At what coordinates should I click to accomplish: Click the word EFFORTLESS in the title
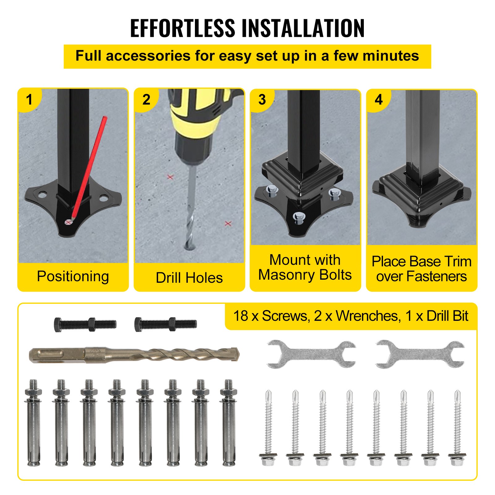coord(183,28)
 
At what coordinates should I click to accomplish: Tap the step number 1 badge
coord(29,100)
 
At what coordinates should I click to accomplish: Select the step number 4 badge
coord(379,100)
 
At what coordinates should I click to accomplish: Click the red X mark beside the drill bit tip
coord(228,223)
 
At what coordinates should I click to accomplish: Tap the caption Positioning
coord(73,276)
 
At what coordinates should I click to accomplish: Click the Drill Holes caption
coord(189,278)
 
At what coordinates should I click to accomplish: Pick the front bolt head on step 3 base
coord(299,217)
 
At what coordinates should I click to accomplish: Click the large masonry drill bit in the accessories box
coord(134,355)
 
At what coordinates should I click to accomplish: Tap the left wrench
coord(311,354)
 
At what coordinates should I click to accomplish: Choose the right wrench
coord(420,354)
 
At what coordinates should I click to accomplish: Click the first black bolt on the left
coord(85,325)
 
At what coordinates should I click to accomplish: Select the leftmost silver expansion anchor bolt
coord(33,423)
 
